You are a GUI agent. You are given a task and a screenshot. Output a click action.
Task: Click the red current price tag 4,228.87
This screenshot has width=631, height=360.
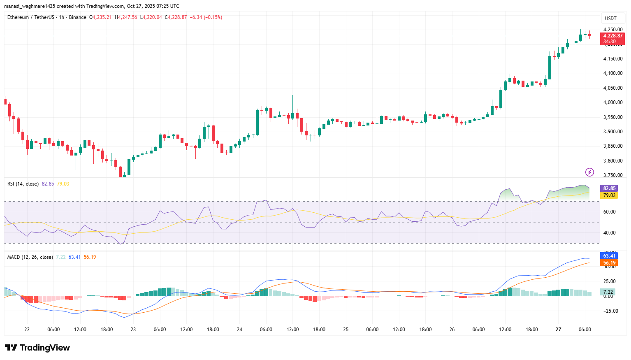612,36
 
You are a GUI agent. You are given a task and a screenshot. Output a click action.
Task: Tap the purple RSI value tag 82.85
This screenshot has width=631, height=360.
609,188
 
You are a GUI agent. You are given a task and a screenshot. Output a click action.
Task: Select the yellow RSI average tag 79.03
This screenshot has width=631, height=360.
609,195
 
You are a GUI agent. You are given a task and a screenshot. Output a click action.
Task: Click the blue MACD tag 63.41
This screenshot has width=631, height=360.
609,256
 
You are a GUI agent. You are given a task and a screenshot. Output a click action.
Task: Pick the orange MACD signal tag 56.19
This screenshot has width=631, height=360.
609,263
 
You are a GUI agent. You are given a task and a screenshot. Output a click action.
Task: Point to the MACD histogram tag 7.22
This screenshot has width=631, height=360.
608,292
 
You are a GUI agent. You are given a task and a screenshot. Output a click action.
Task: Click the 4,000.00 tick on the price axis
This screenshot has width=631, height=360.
612,102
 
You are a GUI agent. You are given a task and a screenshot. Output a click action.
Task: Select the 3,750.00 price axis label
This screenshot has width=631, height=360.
612,175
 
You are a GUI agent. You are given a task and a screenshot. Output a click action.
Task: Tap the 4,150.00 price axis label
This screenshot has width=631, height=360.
612,59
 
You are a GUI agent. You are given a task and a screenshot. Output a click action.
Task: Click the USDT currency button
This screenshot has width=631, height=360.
611,18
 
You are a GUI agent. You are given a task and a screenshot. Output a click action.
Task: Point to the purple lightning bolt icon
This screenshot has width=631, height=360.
589,172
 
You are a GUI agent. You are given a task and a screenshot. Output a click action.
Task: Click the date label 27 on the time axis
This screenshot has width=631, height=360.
558,330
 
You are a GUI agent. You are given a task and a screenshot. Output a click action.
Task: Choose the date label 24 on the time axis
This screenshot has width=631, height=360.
239,330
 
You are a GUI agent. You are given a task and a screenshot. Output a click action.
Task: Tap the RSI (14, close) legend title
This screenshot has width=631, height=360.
23,184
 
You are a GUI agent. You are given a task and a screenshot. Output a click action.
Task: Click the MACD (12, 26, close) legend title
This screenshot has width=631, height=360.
30,257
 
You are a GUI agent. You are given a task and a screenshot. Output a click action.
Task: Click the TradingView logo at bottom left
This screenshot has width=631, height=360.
37,348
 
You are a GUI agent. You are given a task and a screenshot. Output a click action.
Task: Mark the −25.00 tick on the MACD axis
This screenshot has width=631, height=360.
610,311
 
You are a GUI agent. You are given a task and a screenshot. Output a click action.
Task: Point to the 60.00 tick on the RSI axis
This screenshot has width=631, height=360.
609,212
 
